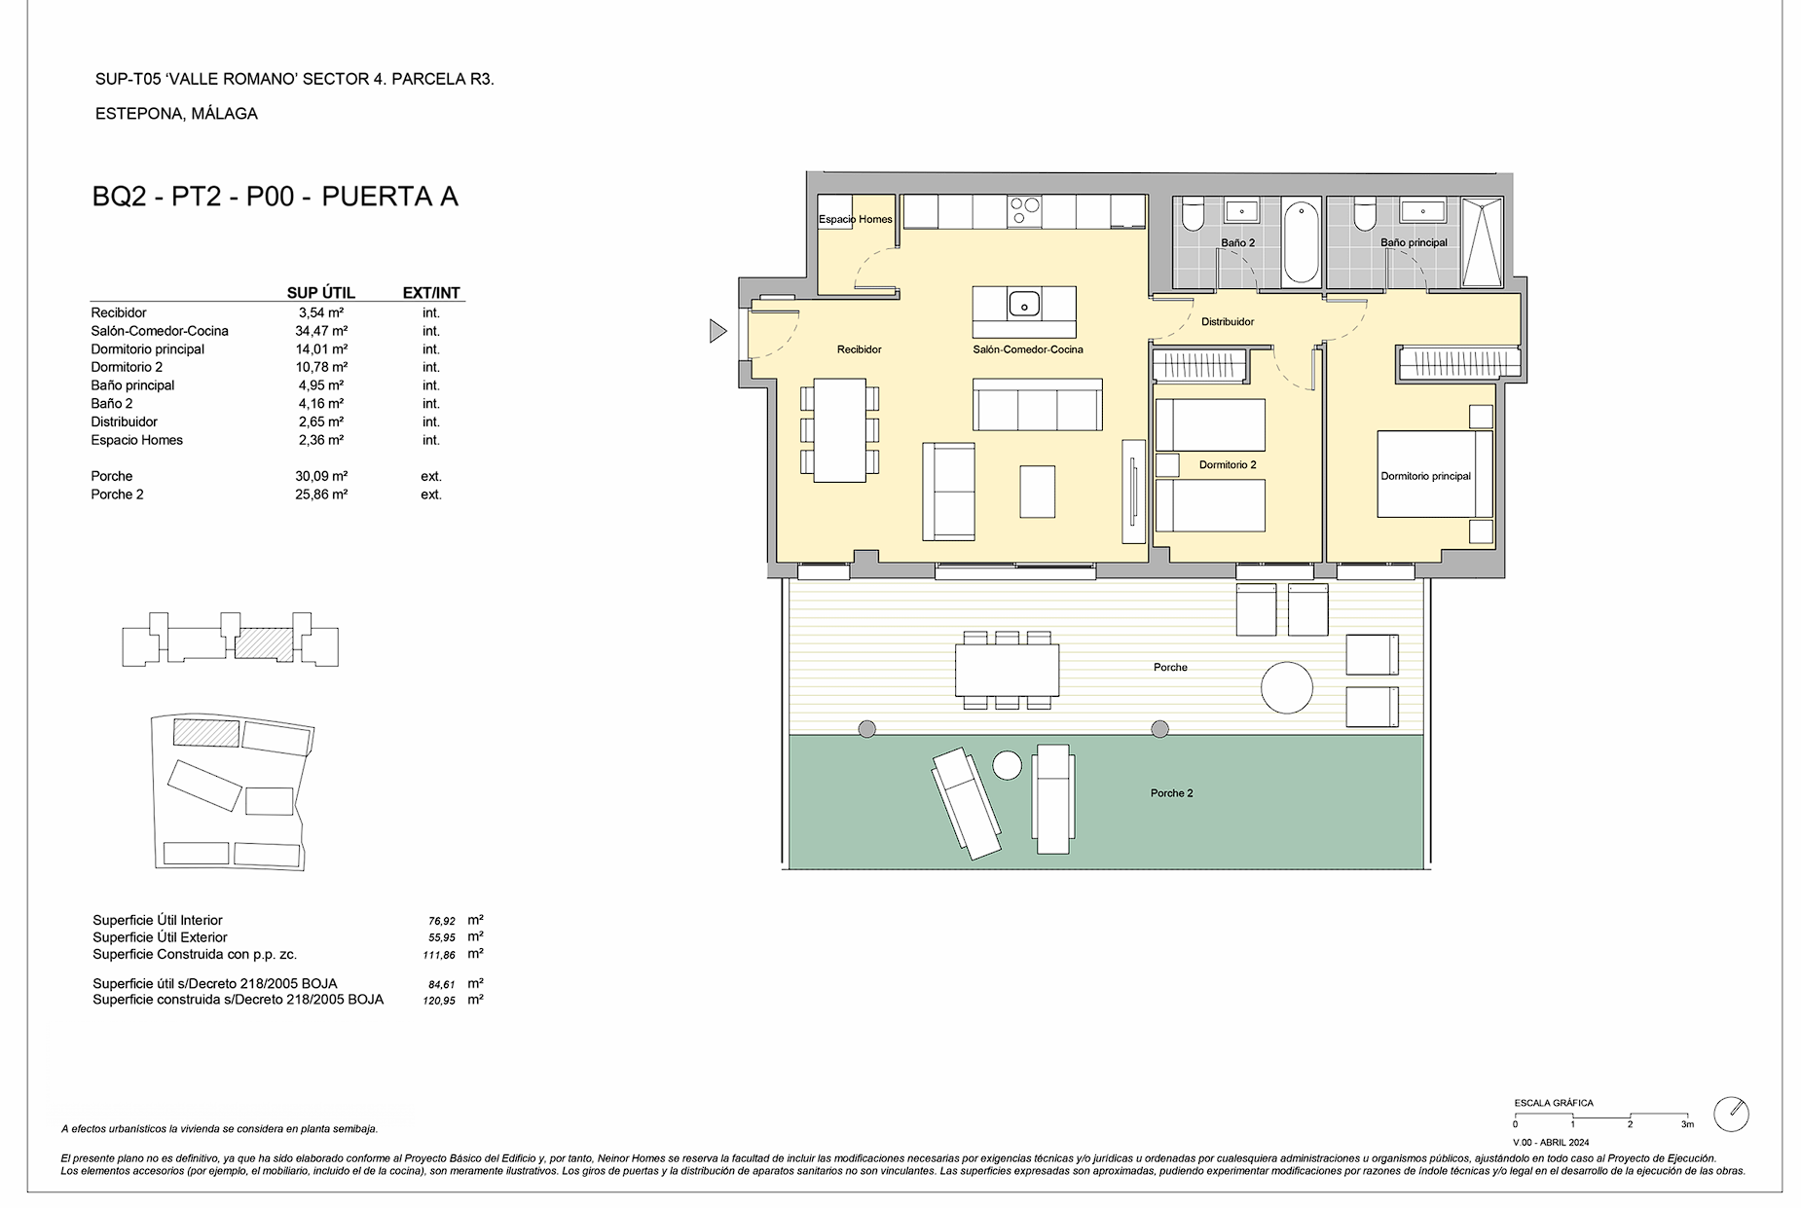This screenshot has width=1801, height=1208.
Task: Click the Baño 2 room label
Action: click(1237, 242)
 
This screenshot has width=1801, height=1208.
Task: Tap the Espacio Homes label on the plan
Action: click(855, 219)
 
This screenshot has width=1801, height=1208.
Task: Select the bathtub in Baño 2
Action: click(1301, 241)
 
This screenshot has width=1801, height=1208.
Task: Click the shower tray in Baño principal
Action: click(1483, 241)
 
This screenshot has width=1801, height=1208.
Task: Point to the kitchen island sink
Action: click(1023, 304)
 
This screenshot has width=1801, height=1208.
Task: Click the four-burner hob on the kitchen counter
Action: click(1024, 212)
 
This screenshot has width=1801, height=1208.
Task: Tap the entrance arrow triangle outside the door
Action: click(717, 332)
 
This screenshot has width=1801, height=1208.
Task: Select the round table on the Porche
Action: click(1287, 687)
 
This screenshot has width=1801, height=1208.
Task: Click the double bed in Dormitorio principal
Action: click(1435, 474)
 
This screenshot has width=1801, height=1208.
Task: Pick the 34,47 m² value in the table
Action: click(321, 331)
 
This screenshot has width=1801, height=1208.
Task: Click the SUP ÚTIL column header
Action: click(321, 293)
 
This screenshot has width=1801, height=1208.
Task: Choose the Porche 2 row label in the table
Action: click(117, 494)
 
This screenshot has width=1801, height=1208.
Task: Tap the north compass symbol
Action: click(1732, 1114)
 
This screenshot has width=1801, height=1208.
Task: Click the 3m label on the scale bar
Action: click(1687, 1124)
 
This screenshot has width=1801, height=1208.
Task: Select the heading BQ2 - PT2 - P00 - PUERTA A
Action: click(276, 197)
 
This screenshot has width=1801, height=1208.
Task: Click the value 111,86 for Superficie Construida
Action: click(440, 955)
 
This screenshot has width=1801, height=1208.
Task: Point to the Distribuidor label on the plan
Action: click(1228, 321)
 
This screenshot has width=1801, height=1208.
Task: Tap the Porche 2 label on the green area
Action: click(1171, 793)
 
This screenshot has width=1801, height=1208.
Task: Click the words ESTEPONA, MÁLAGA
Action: click(176, 114)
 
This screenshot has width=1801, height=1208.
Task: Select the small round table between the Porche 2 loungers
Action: click(1008, 766)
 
